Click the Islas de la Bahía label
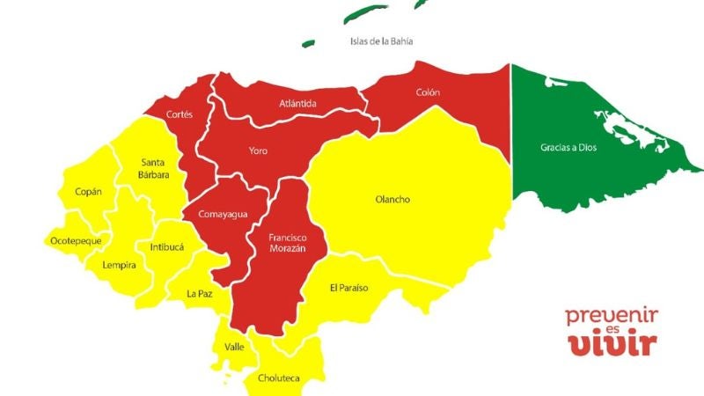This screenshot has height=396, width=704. coord(381,41)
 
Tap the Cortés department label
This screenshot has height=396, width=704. coord(180,114)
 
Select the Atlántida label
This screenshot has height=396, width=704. coord(297,104)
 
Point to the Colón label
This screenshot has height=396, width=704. coord(428,91)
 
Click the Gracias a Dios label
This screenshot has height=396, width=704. coord(568,148)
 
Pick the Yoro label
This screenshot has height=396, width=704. coord(257,151)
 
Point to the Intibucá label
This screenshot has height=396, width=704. coord(166,247)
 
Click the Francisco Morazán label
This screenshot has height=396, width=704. coord(287,243)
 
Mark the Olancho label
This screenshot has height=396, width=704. coord(392,200)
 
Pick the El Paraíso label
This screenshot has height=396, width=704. coord(348,288)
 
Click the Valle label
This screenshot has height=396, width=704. coord(234,347)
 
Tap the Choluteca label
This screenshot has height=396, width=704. coord(278,378)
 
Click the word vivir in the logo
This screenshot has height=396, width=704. coord(612,343)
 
